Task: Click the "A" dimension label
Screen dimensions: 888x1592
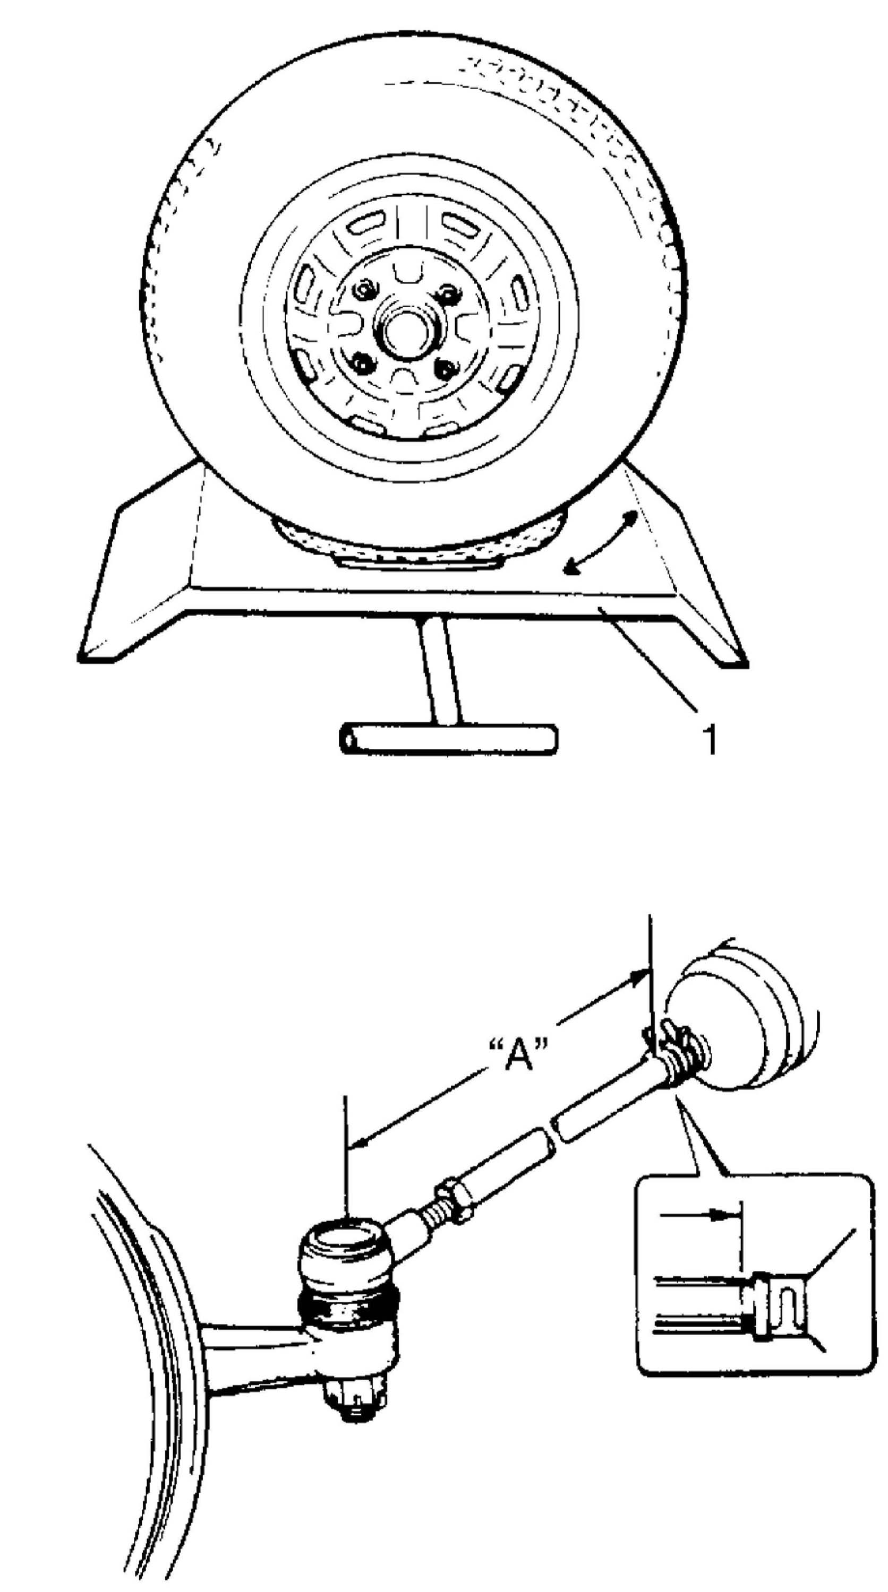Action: point(518,1057)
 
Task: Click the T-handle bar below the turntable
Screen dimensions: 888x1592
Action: point(448,739)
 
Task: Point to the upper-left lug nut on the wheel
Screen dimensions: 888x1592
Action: point(366,289)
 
